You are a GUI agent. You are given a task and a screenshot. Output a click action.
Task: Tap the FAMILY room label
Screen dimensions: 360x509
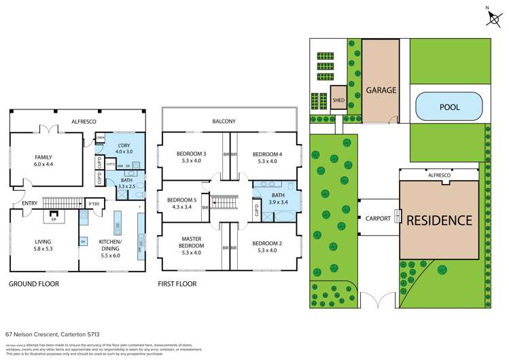click(x=43, y=161)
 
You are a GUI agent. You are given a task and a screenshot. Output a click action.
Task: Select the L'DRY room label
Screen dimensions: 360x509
click(x=124, y=149)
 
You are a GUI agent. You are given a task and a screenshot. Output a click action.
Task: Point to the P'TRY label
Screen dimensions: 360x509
click(x=93, y=203)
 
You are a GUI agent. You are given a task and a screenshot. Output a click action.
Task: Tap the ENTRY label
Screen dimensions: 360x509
click(x=30, y=203)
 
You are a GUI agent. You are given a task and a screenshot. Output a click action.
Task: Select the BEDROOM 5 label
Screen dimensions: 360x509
click(x=179, y=202)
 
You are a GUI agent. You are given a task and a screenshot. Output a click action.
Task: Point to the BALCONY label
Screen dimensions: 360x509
click(x=224, y=122)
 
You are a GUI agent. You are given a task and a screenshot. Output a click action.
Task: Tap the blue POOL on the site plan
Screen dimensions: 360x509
click(x=449, y=107)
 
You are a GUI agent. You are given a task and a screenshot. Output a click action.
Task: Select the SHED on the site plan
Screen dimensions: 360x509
click(x=339, y=99)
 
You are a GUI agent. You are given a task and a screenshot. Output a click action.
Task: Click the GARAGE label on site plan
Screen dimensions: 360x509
click(x=381, y=90)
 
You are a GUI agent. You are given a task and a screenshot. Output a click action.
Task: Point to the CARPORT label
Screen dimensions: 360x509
click(x=377, y=219)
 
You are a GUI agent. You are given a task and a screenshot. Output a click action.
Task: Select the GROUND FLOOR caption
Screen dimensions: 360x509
click(x=34, y=284)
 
